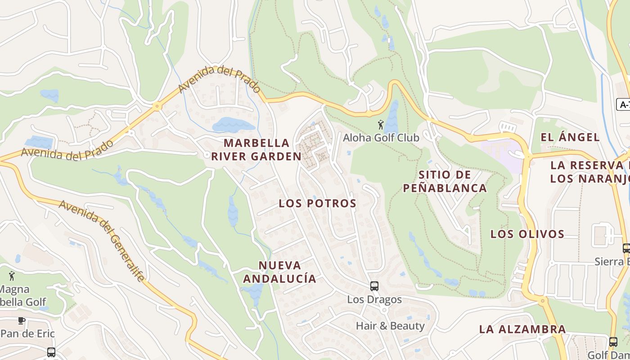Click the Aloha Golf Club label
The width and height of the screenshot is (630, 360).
pyautogui.click(x=381, y=137)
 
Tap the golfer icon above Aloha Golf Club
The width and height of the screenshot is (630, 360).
pyautogui.click(x=381, y=124)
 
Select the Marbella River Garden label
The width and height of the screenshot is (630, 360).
pyautogui.click(x=256, y=150)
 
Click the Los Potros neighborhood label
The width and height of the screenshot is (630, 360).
pyautogui.click(x=317, y=203)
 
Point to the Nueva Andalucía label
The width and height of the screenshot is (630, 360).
pyautogui.click(x=279, y=272)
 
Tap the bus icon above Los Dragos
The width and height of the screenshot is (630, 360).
pyautogui.click(x=374, y=286)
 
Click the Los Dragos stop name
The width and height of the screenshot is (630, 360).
pyautogui.click(x=374, y=299)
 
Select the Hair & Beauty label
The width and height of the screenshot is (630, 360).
pyautogui.click(x=390, y=326)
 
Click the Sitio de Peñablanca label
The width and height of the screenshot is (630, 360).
pyautogui.click(x=445, y=181)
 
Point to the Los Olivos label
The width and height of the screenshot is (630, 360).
pyautogui.click(x=527, y=234)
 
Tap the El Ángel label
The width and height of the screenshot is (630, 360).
pyautogui.click(x=570, y=137)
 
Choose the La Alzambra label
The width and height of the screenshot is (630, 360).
pyautogui.click(x=522, y=329)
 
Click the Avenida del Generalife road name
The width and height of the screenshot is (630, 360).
pyautogui.click(x=102, y=241)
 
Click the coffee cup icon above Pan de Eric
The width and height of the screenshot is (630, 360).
pyautogui.click(x=21, y=320)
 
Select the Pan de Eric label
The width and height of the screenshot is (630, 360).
pyautogui.click(x=27, y=333)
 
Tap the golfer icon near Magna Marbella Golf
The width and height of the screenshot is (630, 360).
pyautogui.click(x=12, y=275)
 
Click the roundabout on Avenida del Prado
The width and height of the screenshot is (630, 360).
pyautogui.click(x=157, y=107)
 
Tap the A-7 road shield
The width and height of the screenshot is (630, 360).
pyautogui.click(x=624, y=105)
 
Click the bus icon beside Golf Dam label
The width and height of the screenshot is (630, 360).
pyautogui.click(x=613, y=342)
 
